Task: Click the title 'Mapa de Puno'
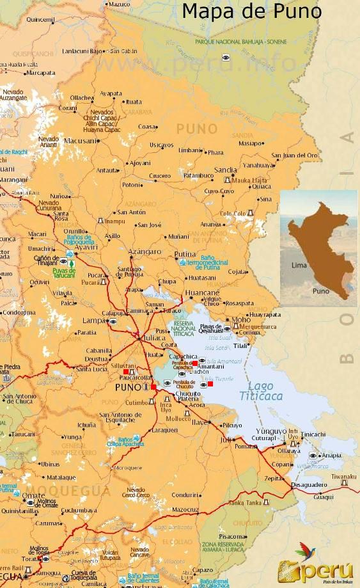tap(251, 12)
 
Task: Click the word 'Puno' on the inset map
tap(321, 291)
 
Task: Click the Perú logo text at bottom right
tap(323, 569)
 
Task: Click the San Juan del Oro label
tap(294, 155)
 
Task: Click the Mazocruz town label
tap(185, 509)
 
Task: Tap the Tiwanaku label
tap(343, 475)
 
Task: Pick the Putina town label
tap(185, 254)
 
